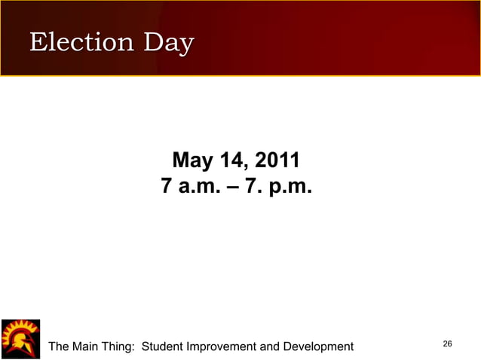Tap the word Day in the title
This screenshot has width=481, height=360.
169,44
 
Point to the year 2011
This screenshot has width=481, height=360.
278,160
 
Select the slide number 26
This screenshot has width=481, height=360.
447,344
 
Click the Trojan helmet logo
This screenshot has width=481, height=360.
20,338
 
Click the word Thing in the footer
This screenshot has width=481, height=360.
121,346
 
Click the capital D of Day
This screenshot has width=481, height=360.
154,42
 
